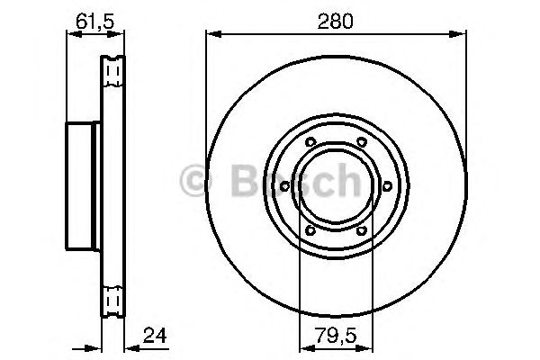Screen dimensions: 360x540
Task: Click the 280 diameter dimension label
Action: [x=337, y=18]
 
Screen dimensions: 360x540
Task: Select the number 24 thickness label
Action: [x=156, y=338]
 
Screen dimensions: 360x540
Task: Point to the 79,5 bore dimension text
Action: [x=334, y=338]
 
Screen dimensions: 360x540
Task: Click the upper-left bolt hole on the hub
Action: [x=310, y=142]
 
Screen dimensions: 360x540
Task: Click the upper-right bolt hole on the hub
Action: [x=361, y=142]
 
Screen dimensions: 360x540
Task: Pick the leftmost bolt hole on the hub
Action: [x=284, y=185]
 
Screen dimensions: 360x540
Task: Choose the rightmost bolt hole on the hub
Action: [x=387, y=185]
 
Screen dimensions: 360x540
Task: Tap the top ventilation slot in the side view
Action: [x=113, y=69]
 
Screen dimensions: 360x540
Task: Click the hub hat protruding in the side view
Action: [x=84, y=185]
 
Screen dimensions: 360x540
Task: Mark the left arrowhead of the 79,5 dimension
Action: [x=304, y=346]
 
